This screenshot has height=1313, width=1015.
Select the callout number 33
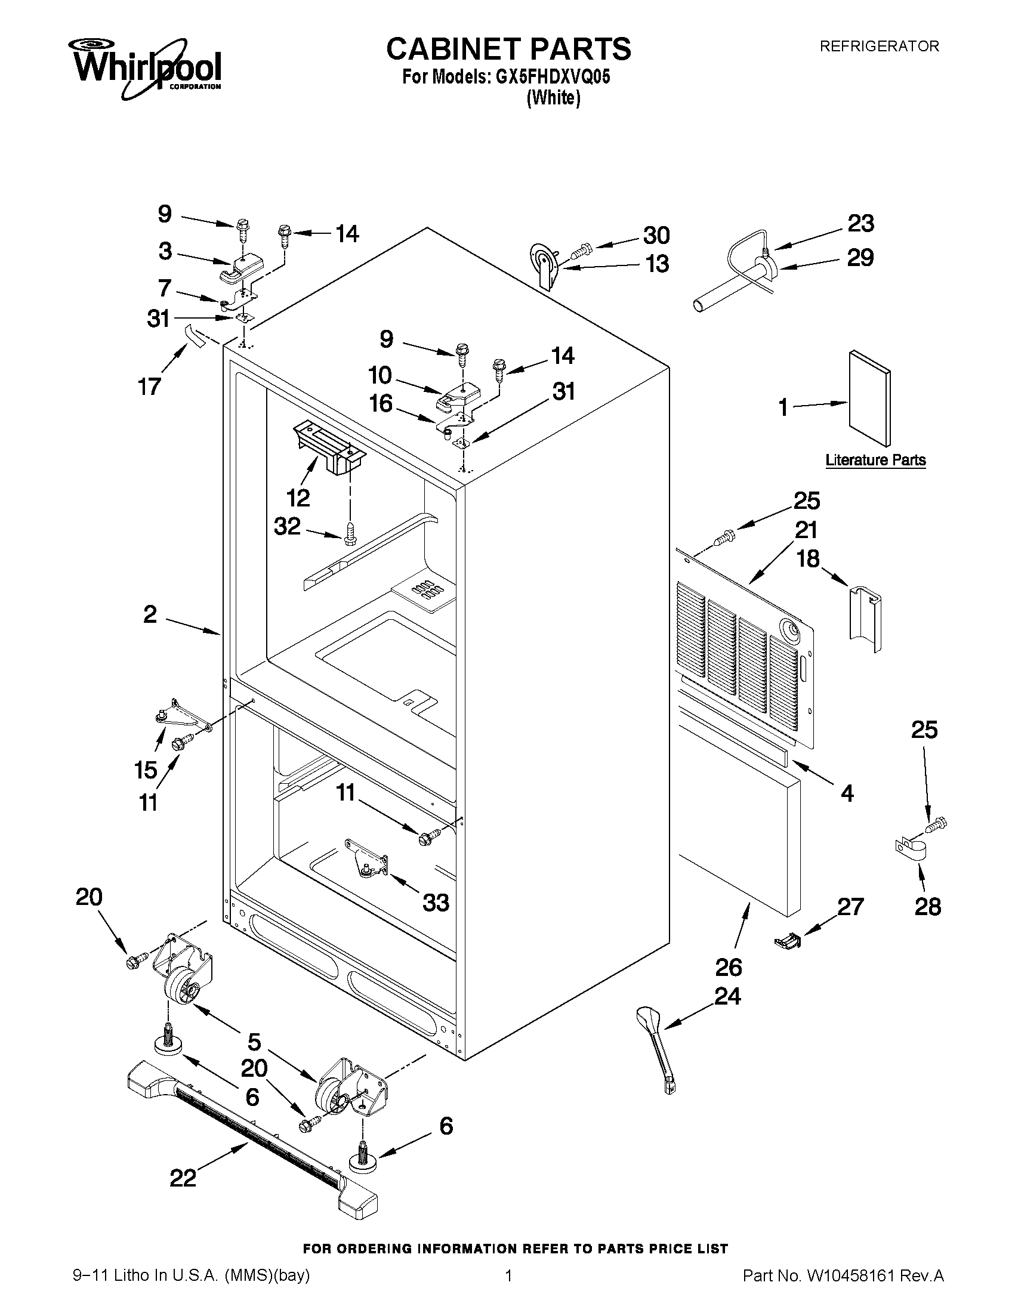pos(436,903)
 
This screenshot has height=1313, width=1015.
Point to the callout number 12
pos(298,498)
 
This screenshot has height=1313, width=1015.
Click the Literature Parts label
pos(875,460)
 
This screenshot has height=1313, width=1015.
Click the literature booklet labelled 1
pos(869,398)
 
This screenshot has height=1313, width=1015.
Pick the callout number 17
pos(150,386)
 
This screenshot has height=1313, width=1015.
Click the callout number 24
pos(727,996)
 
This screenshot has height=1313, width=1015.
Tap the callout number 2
pos(150,614)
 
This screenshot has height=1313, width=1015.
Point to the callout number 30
pos(656,235)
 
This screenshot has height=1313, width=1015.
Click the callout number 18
pos(808,558)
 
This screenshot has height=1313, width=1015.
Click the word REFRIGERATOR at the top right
pos(879,47)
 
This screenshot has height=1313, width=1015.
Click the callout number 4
pos(847,793)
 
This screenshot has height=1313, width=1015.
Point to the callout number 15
pos(146,770)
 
